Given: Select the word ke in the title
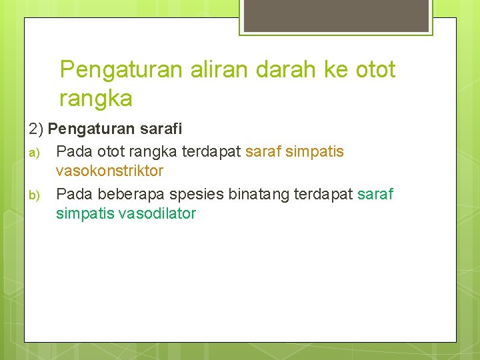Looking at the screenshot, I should [337, 70].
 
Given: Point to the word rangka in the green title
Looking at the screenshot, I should [96, 99].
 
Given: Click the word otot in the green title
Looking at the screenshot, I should [375, 70].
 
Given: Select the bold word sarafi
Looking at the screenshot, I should [161, 128].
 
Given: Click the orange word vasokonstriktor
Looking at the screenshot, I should [109, 171].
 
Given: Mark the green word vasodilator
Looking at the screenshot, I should [157, 214].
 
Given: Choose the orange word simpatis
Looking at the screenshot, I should [314, 152].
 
